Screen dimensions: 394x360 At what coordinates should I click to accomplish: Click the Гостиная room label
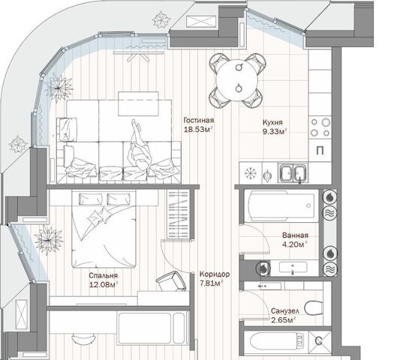click(199, 120)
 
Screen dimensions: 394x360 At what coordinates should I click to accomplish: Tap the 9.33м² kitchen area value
click(275, 131)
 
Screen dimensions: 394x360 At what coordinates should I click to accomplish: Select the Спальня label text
click(104, 275)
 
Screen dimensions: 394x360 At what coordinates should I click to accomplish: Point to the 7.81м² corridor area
click(212, 283)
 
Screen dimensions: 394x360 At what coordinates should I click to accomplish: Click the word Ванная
click(295, 235)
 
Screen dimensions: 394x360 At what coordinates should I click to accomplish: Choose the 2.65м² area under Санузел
click(283, 320)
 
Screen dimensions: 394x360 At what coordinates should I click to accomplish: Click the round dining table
click(237, 79)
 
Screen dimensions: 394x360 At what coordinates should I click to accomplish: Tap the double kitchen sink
click(293, 172)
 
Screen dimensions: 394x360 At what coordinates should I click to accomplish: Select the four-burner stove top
click(320, 127)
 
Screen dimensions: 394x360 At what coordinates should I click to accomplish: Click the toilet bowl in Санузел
click(314, 307)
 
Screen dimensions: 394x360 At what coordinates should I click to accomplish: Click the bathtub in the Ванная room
click(281, 206)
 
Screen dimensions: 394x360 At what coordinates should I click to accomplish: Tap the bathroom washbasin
click(293, 268)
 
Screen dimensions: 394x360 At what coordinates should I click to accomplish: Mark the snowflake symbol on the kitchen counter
click(251, 173)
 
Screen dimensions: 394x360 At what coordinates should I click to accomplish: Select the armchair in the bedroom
click(172, 281)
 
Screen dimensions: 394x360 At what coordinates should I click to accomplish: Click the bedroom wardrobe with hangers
click(179, 214)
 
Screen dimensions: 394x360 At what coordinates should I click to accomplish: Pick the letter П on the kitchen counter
click(320, 151)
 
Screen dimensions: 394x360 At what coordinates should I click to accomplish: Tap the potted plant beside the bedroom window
click(49, 240)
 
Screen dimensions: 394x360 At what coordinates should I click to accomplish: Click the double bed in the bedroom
click(104, 229)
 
